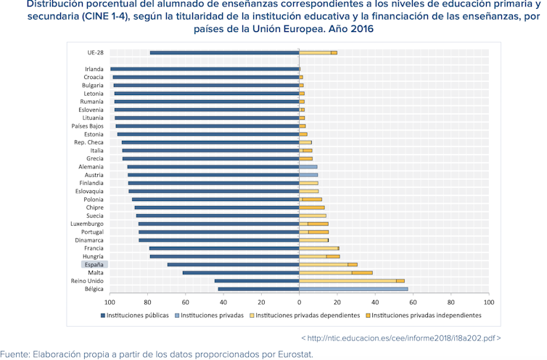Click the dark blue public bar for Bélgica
(x=258, y=289)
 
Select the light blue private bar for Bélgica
(x=353, y=289)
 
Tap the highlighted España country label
(x=94, y=264)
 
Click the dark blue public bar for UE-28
(x=225, y=52)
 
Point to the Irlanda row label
(x=94, y=69)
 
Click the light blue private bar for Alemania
(x=308, y=167)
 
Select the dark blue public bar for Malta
(x=241, y=273)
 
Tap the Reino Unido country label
(x=87, y=281)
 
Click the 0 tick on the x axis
(x=299, y=301)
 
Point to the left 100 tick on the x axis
(x=110, y=301)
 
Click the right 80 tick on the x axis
(x=451, y=301)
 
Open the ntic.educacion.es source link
(x=400, y=338)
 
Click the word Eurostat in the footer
(x=293, y=354)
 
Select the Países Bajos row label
(x=87, y=126)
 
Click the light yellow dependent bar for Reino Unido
(x=347, y=281)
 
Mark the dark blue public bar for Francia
(x=224, y=248)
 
